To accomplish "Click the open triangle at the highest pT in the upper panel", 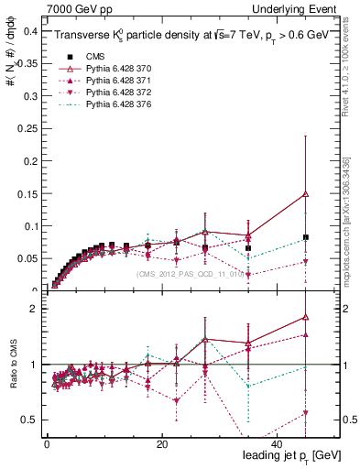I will [306, 193].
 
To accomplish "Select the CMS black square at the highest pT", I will [306, 237].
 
